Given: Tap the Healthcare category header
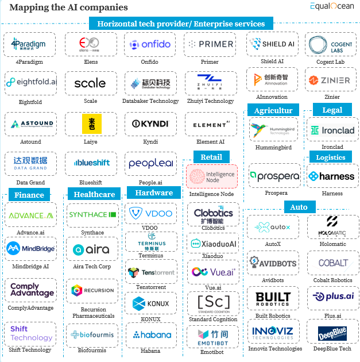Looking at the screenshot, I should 94,194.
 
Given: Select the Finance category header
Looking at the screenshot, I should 29,195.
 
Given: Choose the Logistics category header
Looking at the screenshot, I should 331,157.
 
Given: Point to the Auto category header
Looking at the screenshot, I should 299,207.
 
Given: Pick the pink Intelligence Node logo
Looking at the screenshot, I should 211,176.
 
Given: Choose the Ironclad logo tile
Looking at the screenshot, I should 332,130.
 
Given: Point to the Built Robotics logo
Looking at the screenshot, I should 273,298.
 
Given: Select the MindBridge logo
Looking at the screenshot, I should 30,249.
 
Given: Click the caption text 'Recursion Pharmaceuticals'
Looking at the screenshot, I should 93,313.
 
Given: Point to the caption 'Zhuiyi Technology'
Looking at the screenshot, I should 210,101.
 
